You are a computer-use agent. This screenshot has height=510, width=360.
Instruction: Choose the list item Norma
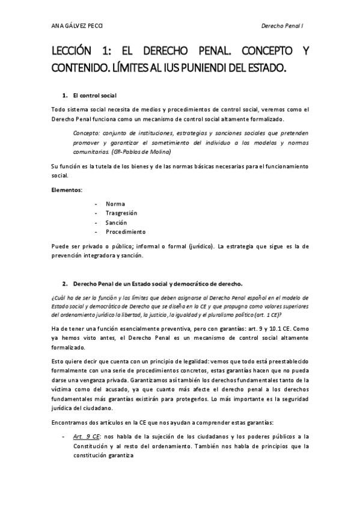pos(115,203)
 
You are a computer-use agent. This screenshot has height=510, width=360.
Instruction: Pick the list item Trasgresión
pos(121,213)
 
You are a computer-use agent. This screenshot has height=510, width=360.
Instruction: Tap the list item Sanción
pos(116,223)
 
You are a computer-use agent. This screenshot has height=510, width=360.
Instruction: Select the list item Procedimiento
pos(126,232)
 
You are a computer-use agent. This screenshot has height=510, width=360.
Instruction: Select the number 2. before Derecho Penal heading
pos(65,283)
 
